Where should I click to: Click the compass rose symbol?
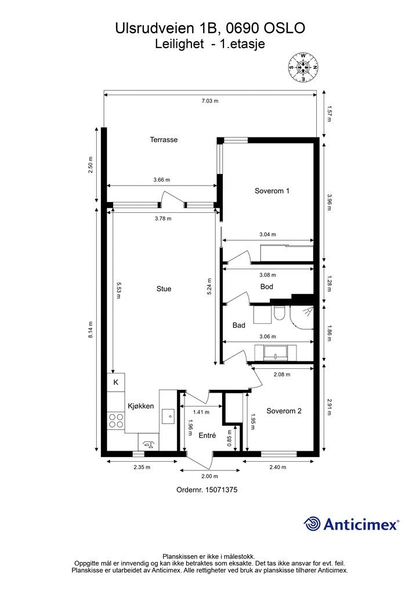click(303, 67)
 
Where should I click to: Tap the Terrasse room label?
click(164, 140)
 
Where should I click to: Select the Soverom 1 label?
click(272, 191)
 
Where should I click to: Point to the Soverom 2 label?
click(284, 411)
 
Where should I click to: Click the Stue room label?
click(164, 289)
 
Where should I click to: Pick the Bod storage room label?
click(267, 287)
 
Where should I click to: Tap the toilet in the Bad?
click(280, 313)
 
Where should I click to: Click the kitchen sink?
click(168, 416)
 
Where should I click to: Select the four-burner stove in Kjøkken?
click(116, 421)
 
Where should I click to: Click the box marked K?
click(116, 382)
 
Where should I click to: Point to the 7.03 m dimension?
click(210, 101)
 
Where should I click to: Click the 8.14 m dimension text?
click(91, 330)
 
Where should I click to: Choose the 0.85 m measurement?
click(230, 438)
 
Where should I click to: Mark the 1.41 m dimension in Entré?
click(201, 412)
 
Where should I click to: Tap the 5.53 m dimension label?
click(118, 290)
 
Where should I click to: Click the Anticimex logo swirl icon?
click(312, 524)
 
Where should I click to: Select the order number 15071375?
click(221, 490)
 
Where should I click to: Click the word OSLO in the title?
click(284, 28)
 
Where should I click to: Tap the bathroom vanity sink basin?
click(276, 352)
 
